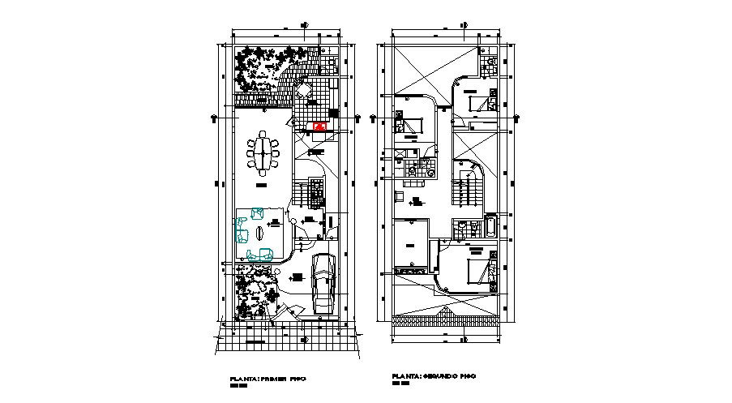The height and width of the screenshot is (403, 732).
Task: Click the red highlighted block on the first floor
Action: coord(320,127)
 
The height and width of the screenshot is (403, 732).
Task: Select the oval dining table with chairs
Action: coord(264,154)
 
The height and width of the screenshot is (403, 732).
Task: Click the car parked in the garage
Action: coord(323,281)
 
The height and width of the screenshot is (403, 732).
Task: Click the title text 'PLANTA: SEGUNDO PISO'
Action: coord(432,377)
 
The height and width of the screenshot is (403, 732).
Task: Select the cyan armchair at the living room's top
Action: coord(258,214)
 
